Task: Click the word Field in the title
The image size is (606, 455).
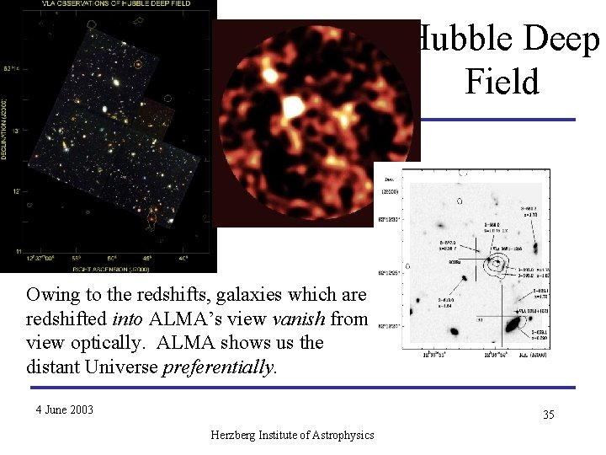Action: point(501,83)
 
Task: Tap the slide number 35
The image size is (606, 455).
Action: point(548,415)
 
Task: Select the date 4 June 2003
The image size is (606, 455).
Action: point(64,409)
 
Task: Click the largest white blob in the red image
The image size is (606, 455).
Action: point(294,107)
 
